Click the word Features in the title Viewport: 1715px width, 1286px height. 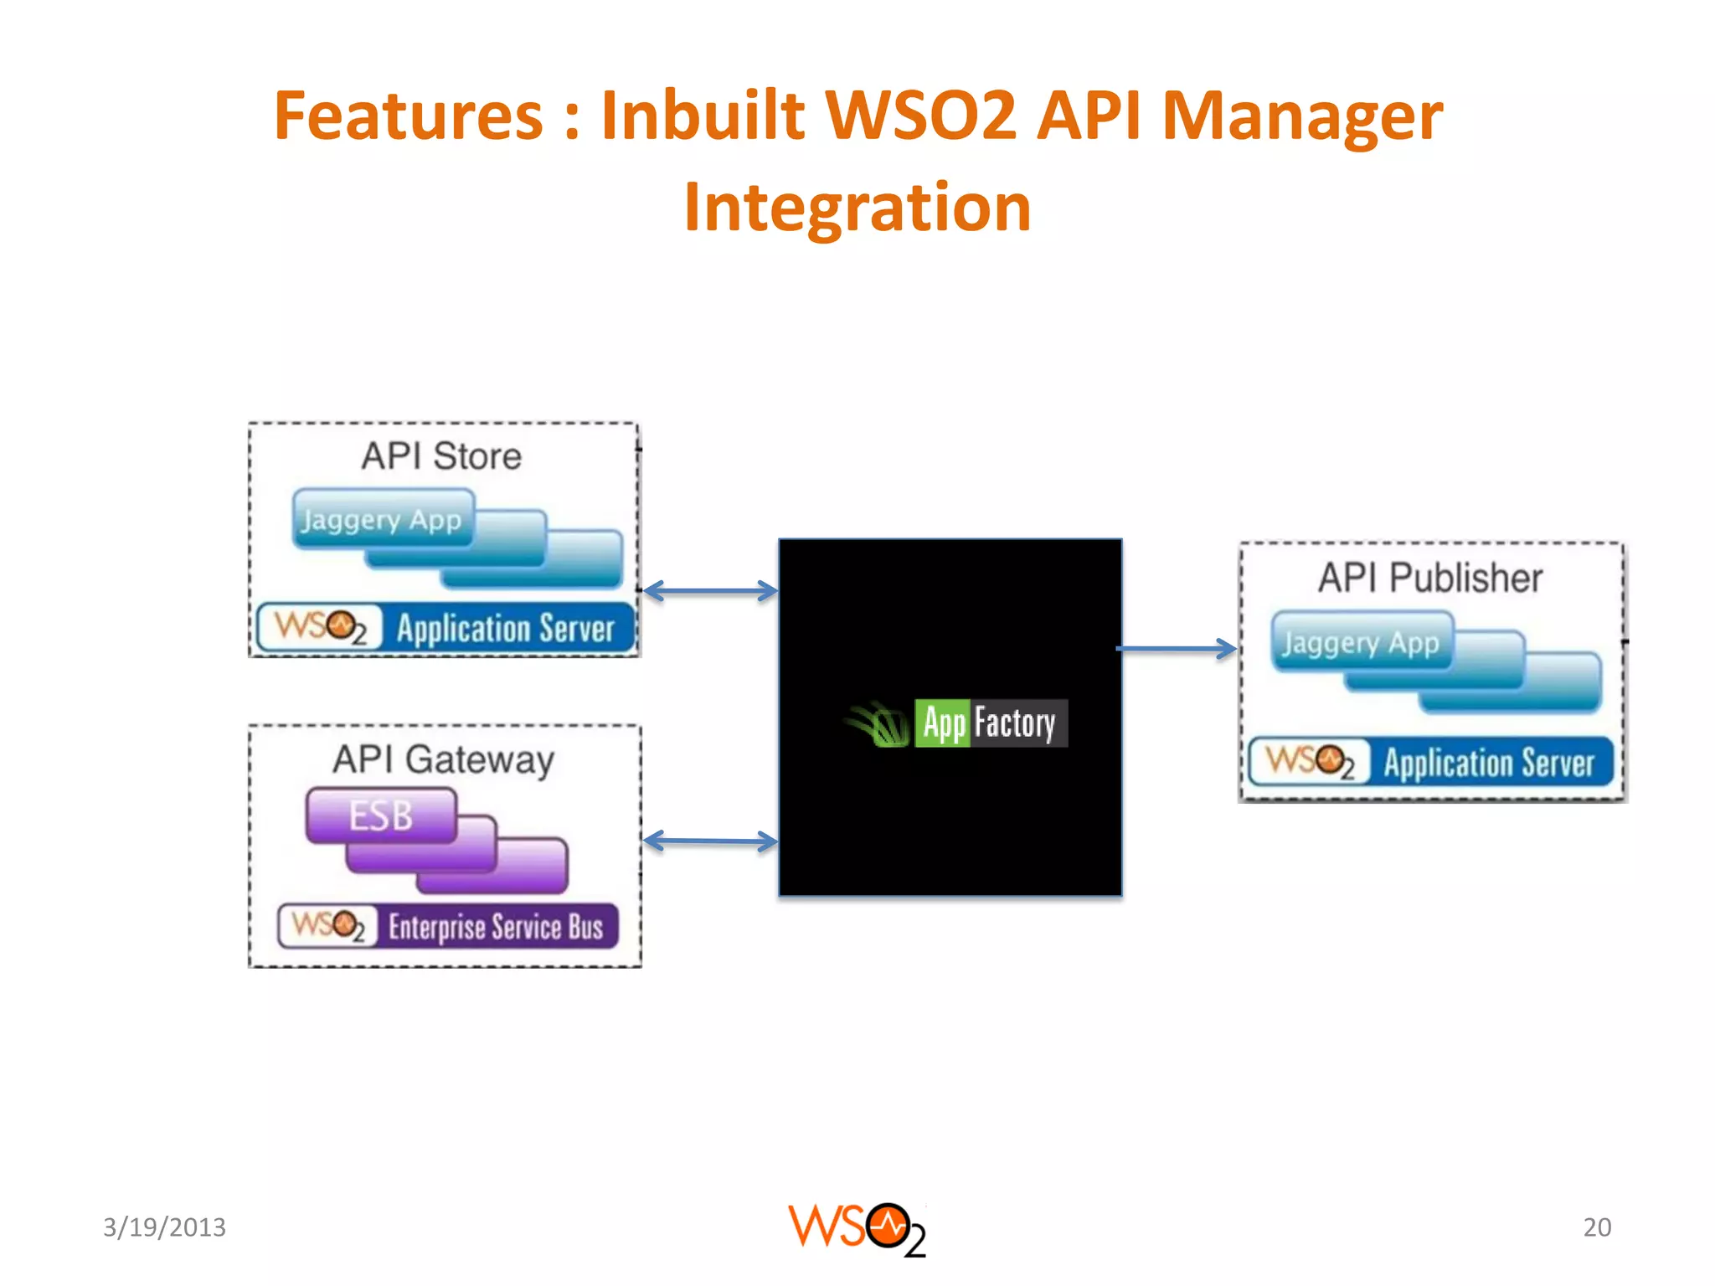(408, 116)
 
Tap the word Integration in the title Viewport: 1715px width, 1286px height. (857, 208)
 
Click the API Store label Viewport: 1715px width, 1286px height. (441, 456)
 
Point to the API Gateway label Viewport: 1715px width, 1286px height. (443, 760)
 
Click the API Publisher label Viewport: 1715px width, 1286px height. (1430, 578)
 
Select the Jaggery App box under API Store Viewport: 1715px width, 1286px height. (381, 520)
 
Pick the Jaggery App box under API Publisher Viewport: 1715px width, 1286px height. (1361, 643)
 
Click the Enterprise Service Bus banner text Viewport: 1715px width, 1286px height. (496, 928)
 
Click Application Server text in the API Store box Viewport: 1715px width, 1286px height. (506, 629)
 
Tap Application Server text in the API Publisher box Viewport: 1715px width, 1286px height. (1489, 763)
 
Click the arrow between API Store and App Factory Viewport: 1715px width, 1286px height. (710, 591)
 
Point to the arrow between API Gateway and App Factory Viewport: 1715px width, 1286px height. (710, 841)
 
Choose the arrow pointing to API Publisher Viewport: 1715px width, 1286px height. (1177, 648)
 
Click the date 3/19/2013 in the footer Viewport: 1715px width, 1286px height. (164, 1227)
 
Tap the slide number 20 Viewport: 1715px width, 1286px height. (1597, 1227)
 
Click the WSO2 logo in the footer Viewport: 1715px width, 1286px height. (857, 1229)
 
